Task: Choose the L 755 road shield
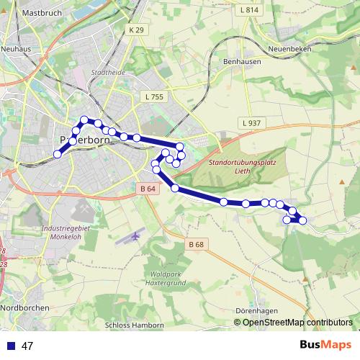point(154,96)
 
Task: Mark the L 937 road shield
point(251,123)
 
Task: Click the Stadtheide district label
point(109,73)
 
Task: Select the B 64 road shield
point(147,189)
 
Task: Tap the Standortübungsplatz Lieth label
point(242,167)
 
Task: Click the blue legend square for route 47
point(11,346)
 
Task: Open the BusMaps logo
point(325,345)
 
